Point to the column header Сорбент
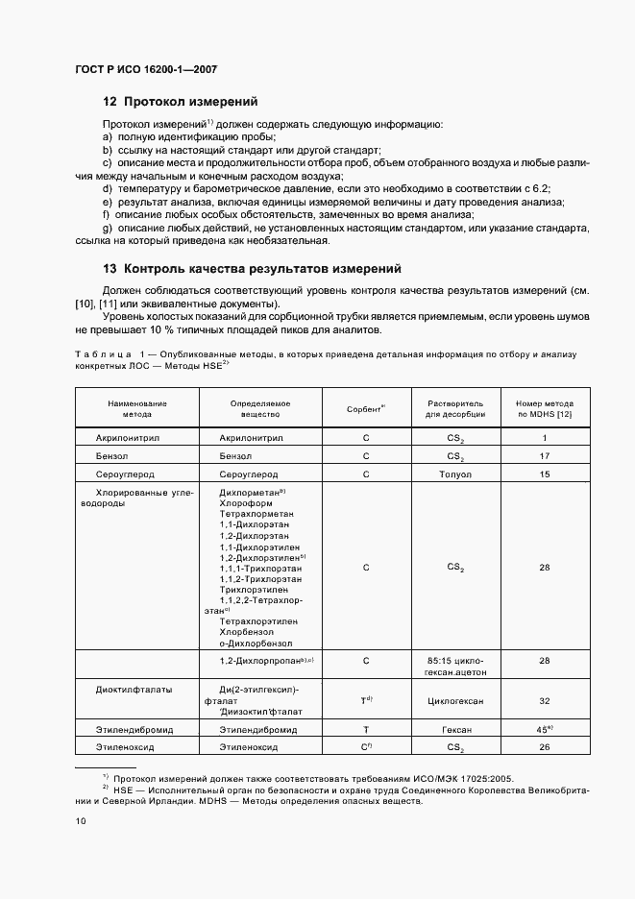coord(365,408)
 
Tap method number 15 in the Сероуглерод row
coord(545,474)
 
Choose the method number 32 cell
coord(545,701)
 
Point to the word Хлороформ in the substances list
coord(247,502)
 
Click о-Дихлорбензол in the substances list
coord(256,644)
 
